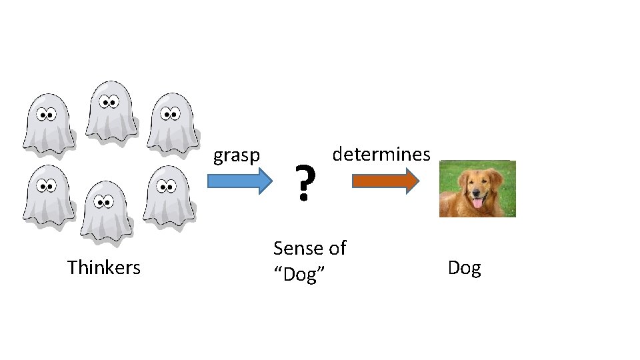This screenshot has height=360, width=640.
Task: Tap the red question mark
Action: pos(304,183)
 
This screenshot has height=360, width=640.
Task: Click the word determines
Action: pos(381,155)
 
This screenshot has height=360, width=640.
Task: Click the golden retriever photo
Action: pos(477,189)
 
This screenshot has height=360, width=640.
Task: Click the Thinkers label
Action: pos(104,268)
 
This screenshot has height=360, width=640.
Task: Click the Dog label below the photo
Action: pos(464,269)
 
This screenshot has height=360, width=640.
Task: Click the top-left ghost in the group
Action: pos(47,123)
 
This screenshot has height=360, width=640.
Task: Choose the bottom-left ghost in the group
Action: pos(47,195)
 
